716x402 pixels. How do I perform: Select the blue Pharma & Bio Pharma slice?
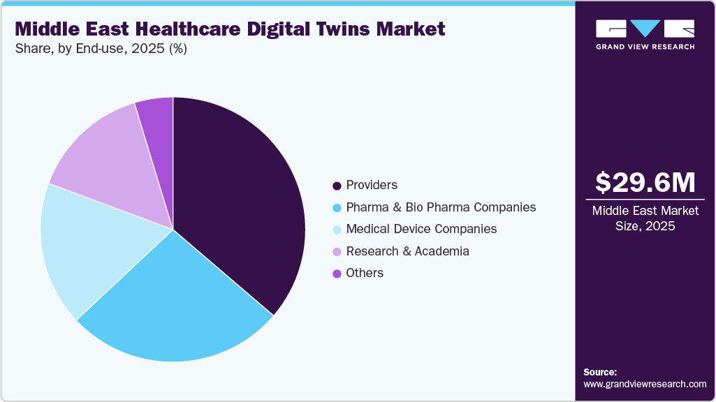pyautogui.click(x=182, y=307)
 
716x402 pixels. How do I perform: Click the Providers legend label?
pyautogui.click(x=372, y=185)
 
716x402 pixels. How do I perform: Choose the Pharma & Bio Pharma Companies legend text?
pyautogui.click(x=441, y=207)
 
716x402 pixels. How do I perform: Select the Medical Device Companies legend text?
pyautogui.click(x=421, y=229)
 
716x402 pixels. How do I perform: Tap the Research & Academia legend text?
pyautogui.click(x=407, y=251)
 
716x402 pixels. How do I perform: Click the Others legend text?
pyautogui.click(x=365, y=273)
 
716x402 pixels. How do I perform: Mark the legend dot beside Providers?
pyautogui.click(x=337, y=186)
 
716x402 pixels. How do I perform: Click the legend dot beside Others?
pyautogui.click(x=337, y=274)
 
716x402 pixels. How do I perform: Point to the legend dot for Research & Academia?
pyautogui.click(x=337, y=251)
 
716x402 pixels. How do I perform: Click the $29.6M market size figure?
pyautogui.click(x=645, y=183)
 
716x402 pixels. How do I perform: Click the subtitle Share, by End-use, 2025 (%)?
pyautogui.click(x=101, y=49)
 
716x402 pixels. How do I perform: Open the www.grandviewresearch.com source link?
pyautogui.click(x=645, y=385)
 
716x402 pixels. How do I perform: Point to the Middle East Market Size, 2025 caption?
pyautogui.click(x=645, y=218)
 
